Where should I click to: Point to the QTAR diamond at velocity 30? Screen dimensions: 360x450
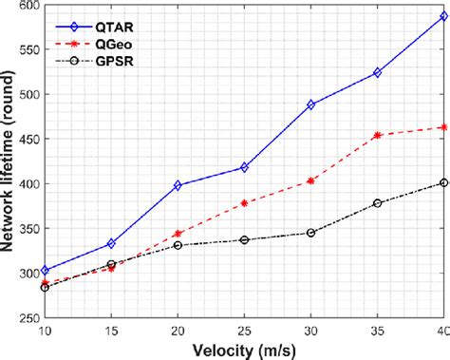(310, 104)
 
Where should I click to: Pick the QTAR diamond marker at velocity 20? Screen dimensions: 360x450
(178, 185)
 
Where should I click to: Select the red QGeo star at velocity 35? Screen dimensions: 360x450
(377, 135)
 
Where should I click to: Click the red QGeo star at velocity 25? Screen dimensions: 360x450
(244, 203)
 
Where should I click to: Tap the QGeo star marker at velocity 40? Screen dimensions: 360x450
(443, 126)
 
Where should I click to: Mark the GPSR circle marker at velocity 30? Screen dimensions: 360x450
(310, 233)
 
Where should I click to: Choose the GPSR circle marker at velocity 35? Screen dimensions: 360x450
(377, 203)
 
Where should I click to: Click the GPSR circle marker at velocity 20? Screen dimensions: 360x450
(178, 245)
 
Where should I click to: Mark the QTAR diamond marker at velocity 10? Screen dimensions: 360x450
(45, 270)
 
